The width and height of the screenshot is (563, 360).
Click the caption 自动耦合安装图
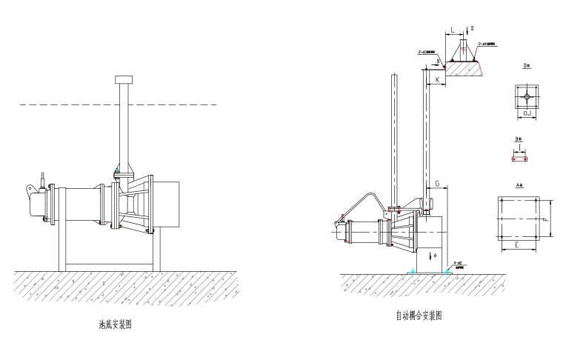(419, 315)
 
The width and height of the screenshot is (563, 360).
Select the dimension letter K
(437, 79)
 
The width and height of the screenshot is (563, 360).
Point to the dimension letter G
(438, 181)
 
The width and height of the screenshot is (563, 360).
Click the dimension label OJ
(526, 113)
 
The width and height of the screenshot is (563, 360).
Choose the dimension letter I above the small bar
(519, 147)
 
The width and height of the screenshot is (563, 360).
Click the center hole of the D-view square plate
(526, 96)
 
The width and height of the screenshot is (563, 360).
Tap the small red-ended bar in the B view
(519, 158)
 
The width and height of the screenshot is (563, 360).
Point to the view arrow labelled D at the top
(469, 30)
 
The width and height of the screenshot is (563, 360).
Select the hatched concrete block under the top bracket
(467, 69)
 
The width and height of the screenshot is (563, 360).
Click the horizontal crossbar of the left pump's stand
(109, 263)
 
